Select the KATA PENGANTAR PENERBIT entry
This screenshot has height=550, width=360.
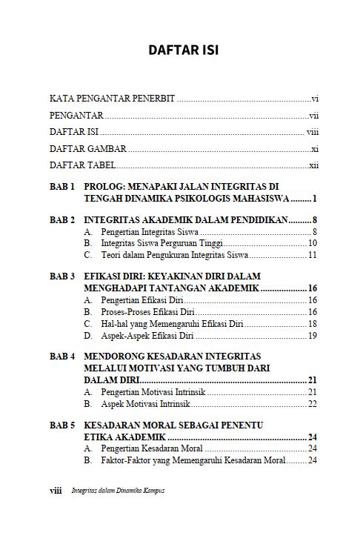pyautogui.click(x=112, y=99)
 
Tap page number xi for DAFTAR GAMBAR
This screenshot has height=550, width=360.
pyautogui.click(x=314, y=149)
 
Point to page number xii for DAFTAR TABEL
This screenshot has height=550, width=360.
pyautogui.click(x=313, y=166)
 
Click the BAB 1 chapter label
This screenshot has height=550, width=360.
pyautogui.click(x=62, y=187)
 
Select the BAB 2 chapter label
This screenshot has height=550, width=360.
pyautogui.click(x=62, y=220)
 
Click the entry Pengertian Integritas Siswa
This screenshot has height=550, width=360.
pyautogui.click(x=144, y=232)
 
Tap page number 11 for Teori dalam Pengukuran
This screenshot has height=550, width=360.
pyautogui.click(x=313, y=255)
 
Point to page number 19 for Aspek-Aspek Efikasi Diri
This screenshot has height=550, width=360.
pyautogui.click(x=313, y=335)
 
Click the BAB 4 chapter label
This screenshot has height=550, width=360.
pyautogui.click(x=62, y=357)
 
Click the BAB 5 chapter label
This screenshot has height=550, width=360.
pyautogui.click(x=62, y=425)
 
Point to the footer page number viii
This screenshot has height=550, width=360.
pyautogui.click(x=55, y=491)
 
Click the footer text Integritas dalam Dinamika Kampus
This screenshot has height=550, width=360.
pyautogui.click(x=118, y=491)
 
